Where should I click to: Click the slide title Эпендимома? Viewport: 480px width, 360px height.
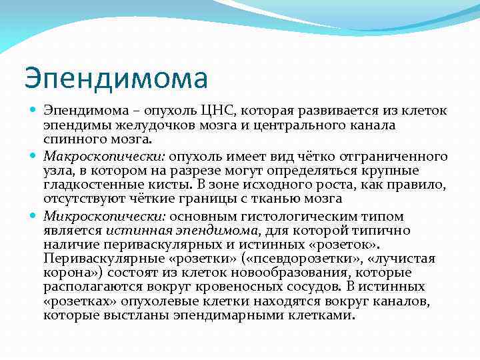tap(116, 79)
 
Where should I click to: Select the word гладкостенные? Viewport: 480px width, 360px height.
tap(87, 184)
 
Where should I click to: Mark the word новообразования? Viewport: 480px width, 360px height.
tap(314, 273)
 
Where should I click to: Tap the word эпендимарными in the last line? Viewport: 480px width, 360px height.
tap(217, 315)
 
